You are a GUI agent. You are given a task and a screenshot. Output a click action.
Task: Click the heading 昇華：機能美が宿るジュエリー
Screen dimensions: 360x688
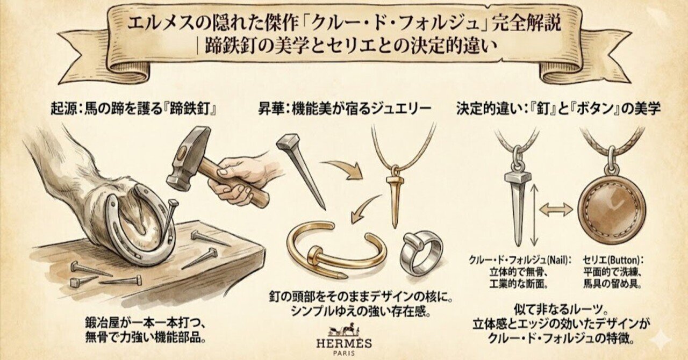345,108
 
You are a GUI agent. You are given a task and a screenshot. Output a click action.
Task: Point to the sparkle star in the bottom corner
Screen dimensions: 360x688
660,340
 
